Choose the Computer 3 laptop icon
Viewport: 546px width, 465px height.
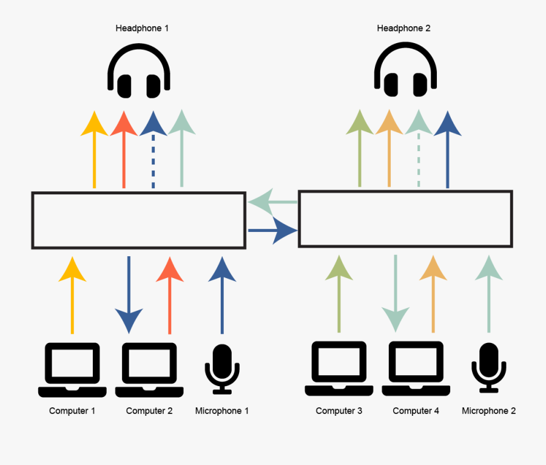(339, 368)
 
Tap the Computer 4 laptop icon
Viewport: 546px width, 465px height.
(416, 368)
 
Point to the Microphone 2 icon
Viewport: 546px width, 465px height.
(489, 368)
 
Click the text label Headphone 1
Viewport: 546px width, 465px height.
(142, 28)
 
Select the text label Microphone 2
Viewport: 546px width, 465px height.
(489, 411)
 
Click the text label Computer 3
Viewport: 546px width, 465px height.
(339, 411)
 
